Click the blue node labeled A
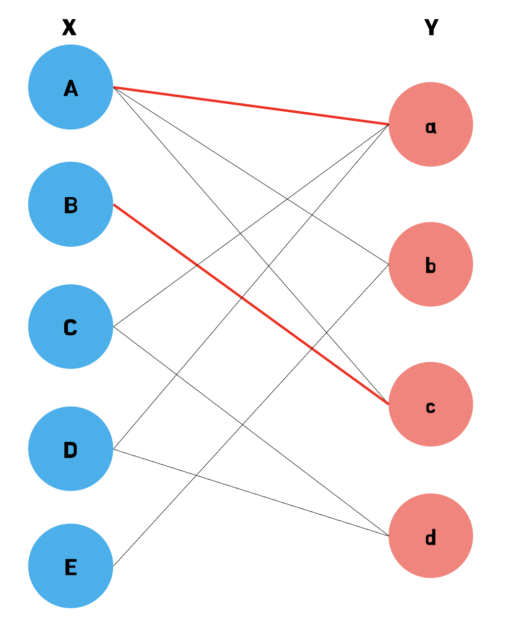pyautogui.click(x=71, y=88)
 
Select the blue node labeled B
pyautogui.click(x=71, y=204)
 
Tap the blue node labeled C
pyautogui.click(x=71, y=326)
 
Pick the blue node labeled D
pyautogui.click(x=71, y=449)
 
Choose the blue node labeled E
pyautogui.click(x=71, y=566)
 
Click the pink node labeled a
pyautogui.click(x=431, y=125)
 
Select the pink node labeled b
pyautogui.click(x=431, y=265)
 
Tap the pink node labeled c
pyautogui.click(x=431, y=404)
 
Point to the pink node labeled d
pyautogui.click(x=431, y=535)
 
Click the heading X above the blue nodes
pyautogui.click(x=69, y=28)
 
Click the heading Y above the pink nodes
pyautogui.click(x=431, y=28)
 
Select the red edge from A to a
pyautogui.click(x=251, y=106)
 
